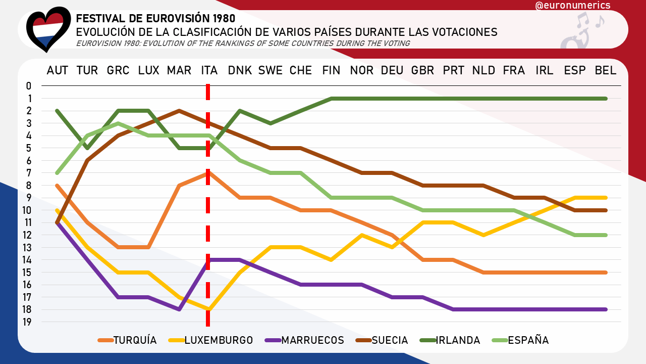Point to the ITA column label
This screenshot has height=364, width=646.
[x=209, y=71]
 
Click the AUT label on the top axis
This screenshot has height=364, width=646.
[x=57, y=71]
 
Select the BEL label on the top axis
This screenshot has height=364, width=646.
[x=606, y=71]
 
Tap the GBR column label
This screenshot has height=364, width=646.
[x=423, y=71]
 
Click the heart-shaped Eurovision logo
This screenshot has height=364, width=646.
[x=48, y=29]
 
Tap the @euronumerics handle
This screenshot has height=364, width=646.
[x=572, y=6]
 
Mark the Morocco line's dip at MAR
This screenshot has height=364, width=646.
[x=179, y=309]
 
